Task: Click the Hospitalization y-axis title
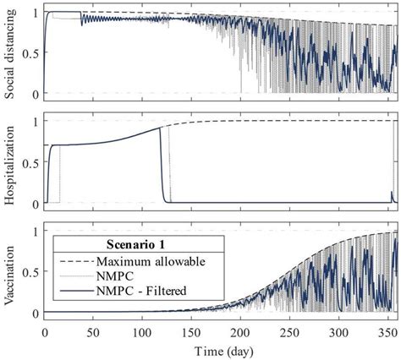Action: pyautogui.click(x=10, y=162)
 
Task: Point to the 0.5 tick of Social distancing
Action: pyautogui.click(x=30, y=53)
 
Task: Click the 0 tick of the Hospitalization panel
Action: pyautogui.click(x=35, y=204)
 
